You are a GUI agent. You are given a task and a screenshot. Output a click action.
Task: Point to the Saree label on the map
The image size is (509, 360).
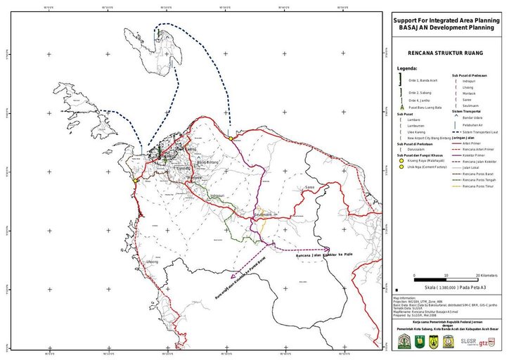(x=309, y=188)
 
